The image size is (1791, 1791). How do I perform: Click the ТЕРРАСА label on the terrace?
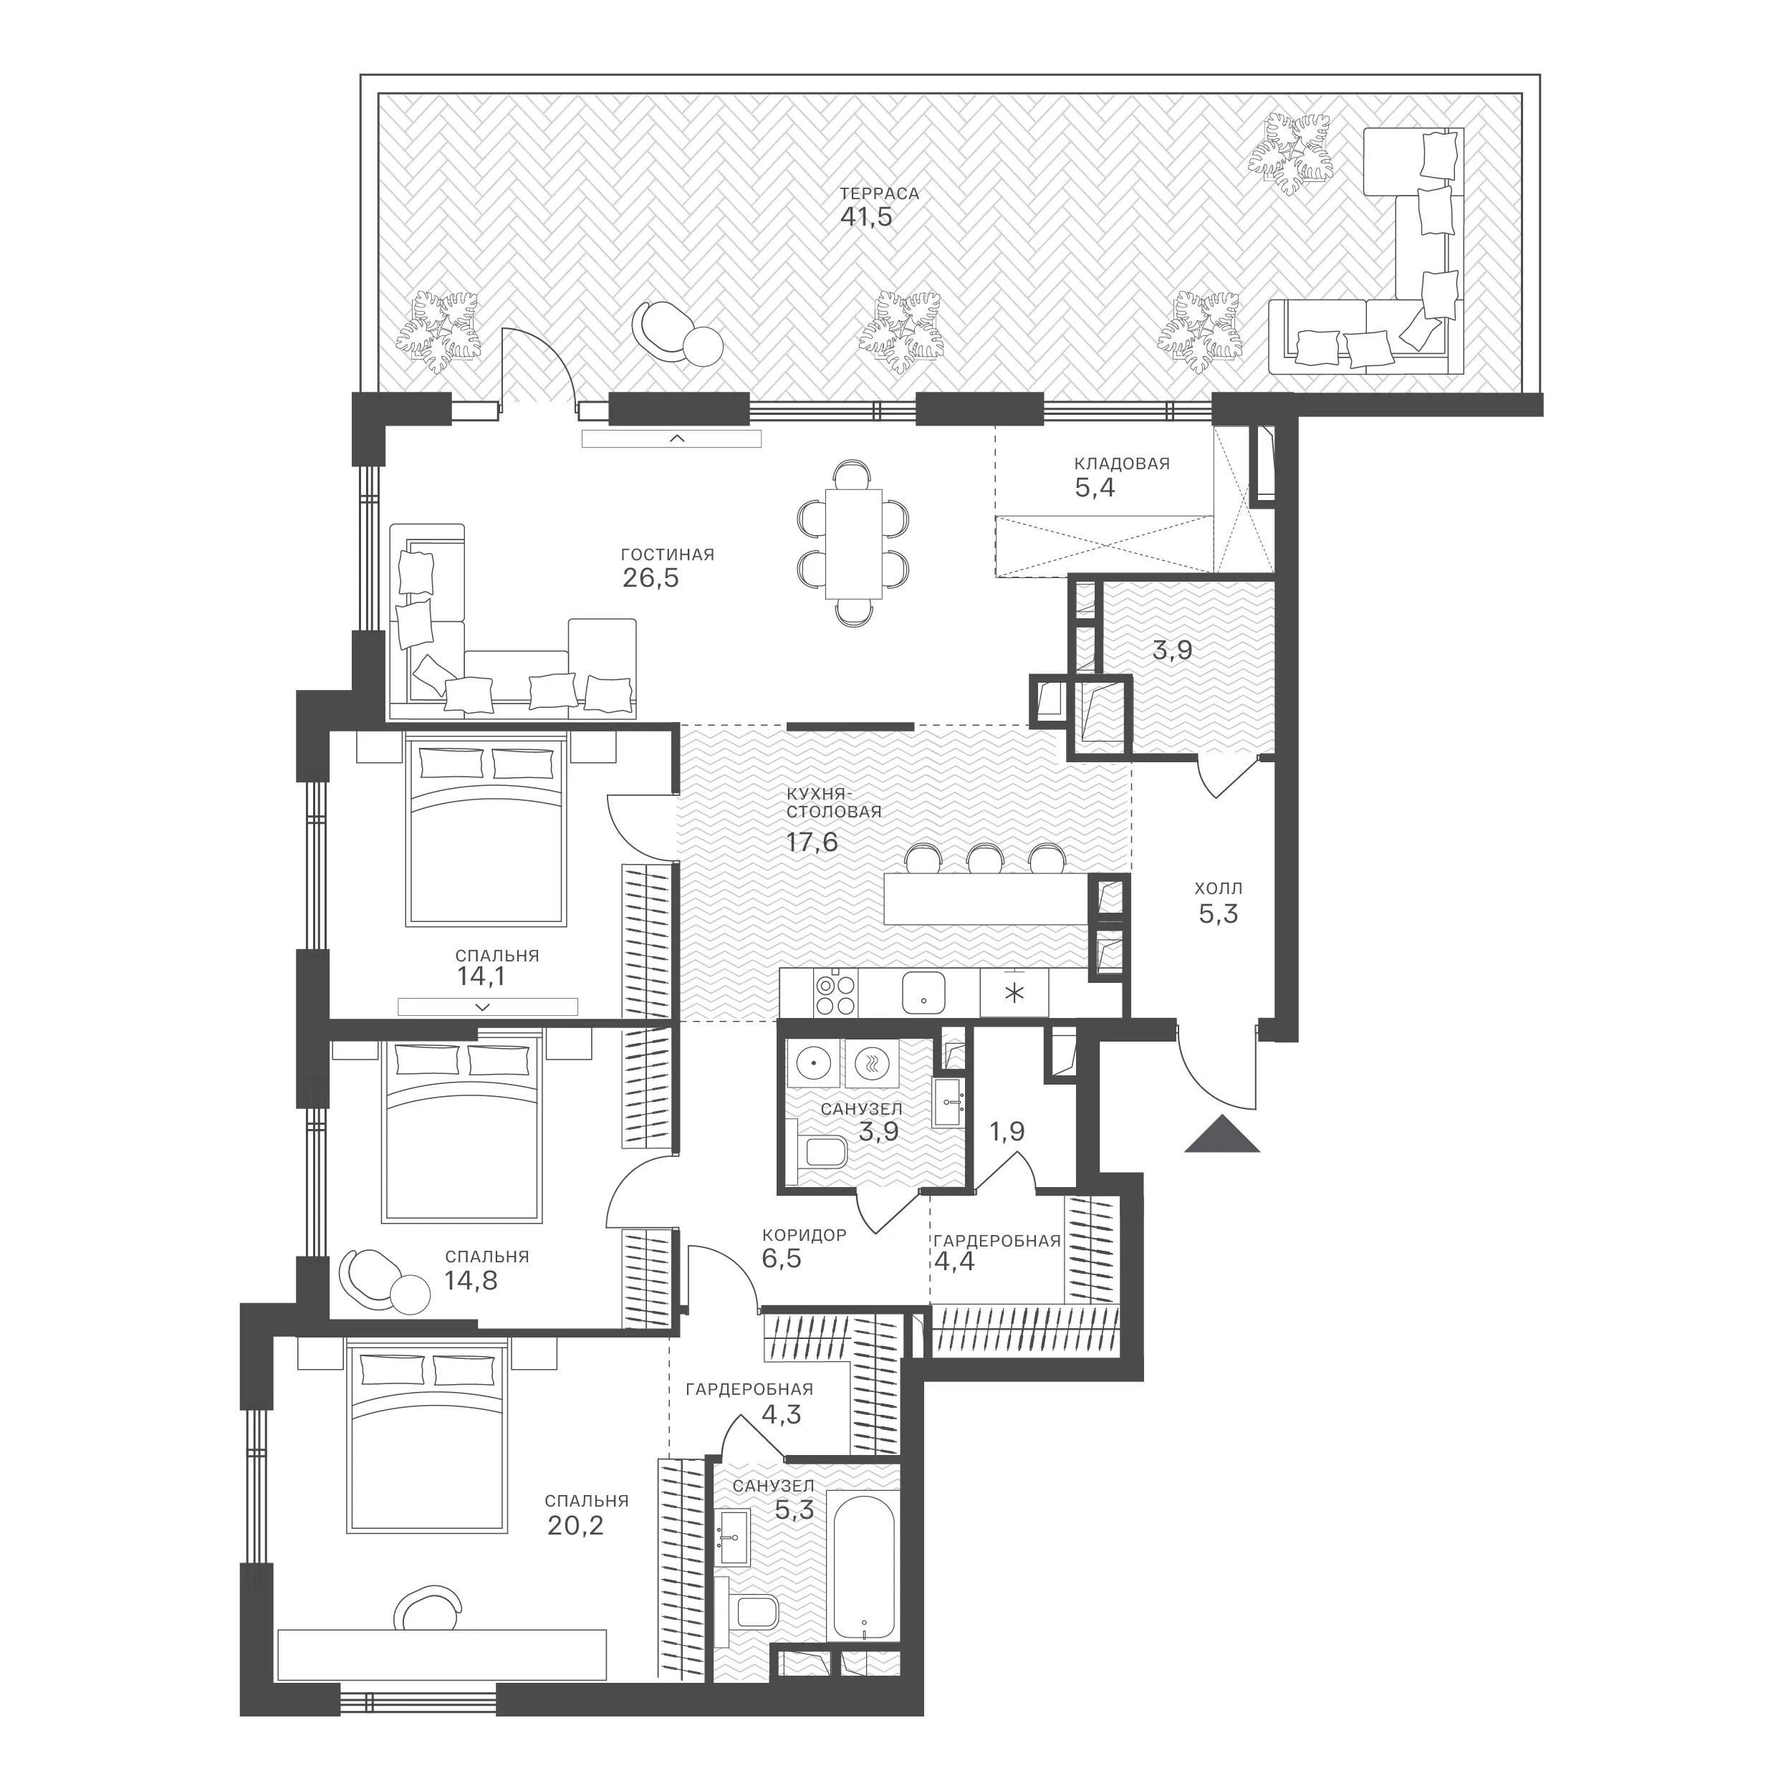(879, 193)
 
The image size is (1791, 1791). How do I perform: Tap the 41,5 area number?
(866, 218)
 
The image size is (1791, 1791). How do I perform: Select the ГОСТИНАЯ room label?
(668, 555)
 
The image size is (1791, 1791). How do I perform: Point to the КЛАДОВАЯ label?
(1122, 464)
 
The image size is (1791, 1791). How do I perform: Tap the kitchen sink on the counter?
(923, 993)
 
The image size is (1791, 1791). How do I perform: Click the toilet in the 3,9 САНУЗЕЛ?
(820, 1152)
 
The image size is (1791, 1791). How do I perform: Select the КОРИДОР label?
(805, 1235)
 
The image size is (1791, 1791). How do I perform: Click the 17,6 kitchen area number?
(812, 842)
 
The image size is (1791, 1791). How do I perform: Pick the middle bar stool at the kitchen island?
(984, 858)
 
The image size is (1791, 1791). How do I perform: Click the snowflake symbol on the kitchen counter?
(1015, 994)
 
